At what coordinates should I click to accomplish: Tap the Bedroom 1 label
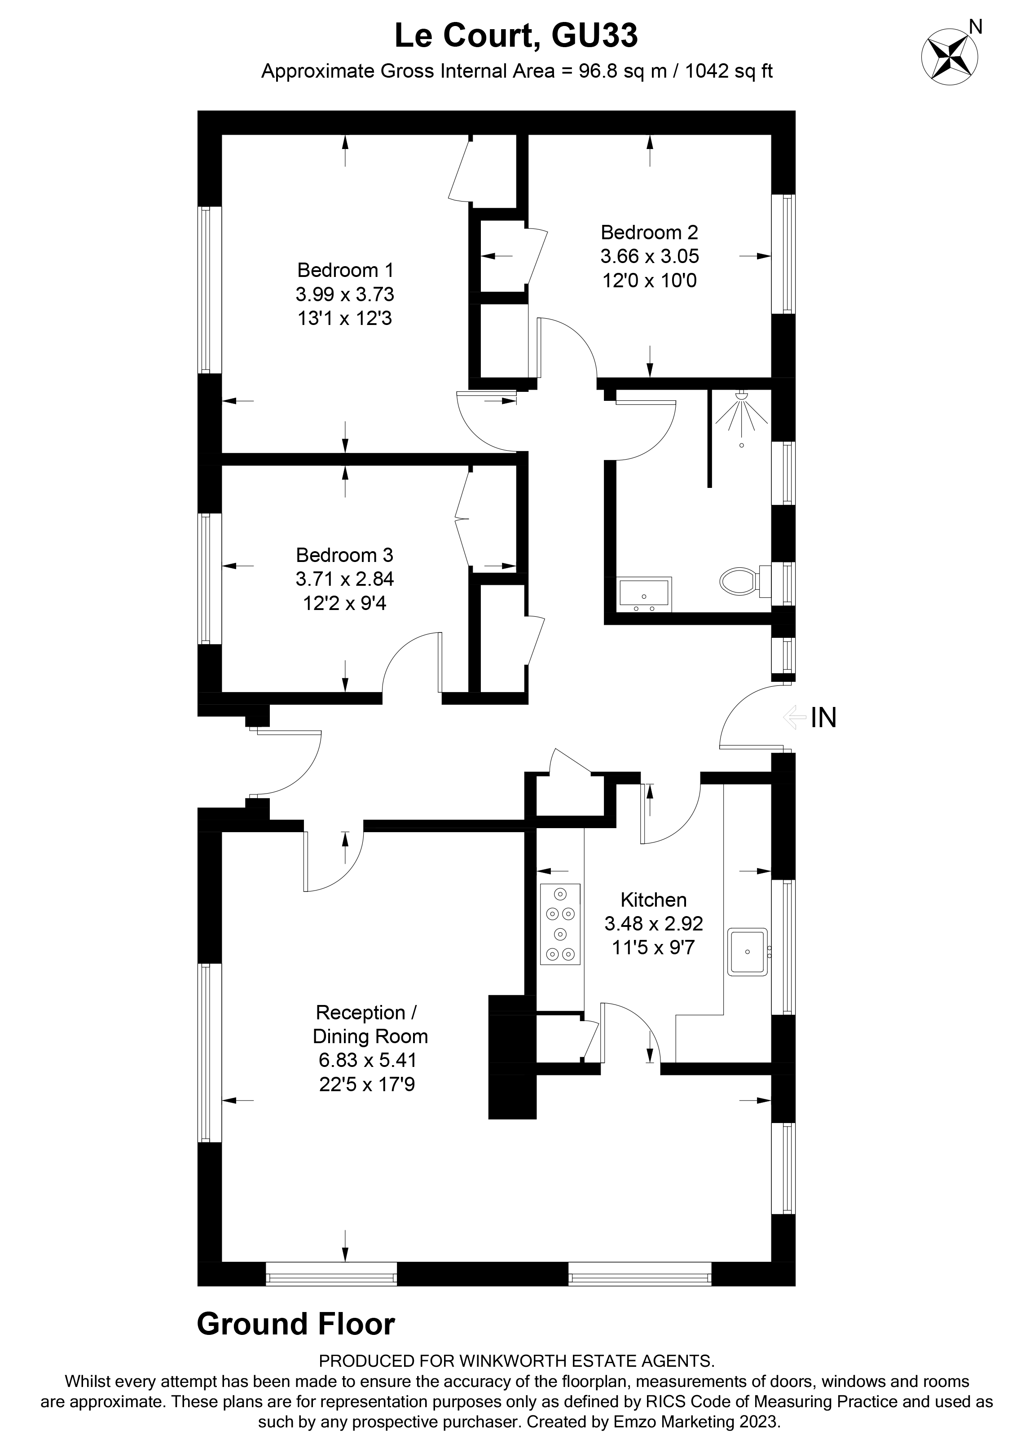345,270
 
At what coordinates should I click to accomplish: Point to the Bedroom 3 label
344,555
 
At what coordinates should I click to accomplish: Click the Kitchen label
653,899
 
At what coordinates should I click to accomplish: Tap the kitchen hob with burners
560,924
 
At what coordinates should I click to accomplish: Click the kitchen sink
748,951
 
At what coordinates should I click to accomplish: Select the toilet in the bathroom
740,580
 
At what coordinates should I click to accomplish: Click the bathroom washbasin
644,593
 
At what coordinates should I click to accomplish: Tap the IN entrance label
823,717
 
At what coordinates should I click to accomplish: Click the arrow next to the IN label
792,717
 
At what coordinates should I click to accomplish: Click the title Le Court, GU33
516,35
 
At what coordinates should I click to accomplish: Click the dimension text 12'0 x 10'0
649,280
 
